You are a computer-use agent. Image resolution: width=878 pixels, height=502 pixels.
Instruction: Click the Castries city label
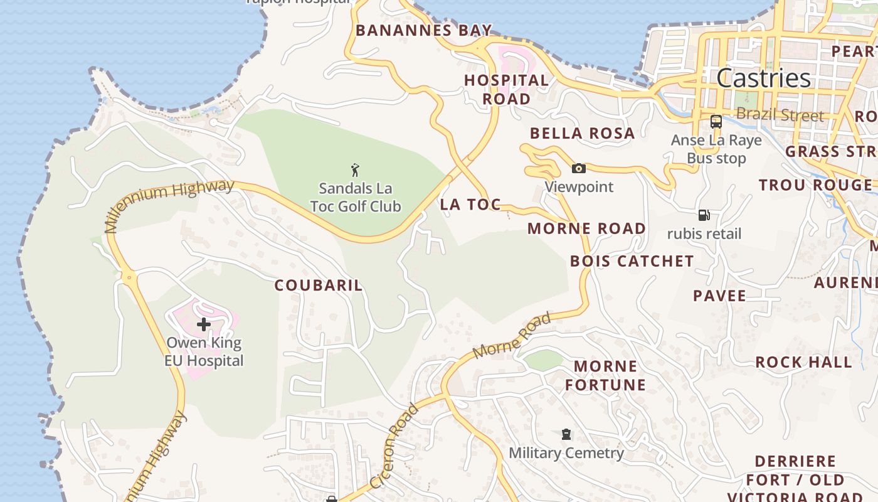tap(763, 78)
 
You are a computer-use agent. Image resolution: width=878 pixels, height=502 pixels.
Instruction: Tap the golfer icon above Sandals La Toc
tap(355, 170)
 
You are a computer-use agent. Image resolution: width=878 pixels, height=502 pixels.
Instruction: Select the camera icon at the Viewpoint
tap(578, 168)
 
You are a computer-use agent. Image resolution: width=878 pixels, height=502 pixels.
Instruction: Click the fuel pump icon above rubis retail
tap(704, 215)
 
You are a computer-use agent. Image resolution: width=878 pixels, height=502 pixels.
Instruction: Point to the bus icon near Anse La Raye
tap(716, 122)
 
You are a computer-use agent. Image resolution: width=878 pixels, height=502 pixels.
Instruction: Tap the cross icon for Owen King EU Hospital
tap(204, 324)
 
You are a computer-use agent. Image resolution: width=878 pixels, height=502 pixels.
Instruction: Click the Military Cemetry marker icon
tap(566, 434)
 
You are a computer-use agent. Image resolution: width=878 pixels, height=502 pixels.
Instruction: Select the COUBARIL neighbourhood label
tap(319, 286)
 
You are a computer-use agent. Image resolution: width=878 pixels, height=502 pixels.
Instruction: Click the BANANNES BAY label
tap(424, 30)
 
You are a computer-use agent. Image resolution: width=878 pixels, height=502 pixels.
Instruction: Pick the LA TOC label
tap(470, 204)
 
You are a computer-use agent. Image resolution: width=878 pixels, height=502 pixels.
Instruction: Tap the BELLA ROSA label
tap(582, 133)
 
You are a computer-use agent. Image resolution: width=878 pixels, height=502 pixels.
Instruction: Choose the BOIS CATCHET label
tap(632, 261)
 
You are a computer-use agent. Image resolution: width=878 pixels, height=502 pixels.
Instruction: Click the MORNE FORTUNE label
tap(605, 375)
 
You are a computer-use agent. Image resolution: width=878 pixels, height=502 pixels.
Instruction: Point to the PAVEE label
tap(719, 296)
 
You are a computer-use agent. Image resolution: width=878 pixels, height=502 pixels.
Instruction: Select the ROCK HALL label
tap(803, 362)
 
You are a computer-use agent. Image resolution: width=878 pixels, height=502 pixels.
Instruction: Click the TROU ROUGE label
tap(815, 185)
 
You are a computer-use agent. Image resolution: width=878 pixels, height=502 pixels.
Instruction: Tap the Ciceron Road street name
tap(394, 446)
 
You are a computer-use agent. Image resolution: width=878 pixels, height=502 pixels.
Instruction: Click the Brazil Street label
tap(780, 115)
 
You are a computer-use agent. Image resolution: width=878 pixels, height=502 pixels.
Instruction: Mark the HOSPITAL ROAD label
tap(506, 89)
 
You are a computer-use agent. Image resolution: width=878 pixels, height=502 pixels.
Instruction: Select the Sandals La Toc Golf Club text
tap(356, 197)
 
